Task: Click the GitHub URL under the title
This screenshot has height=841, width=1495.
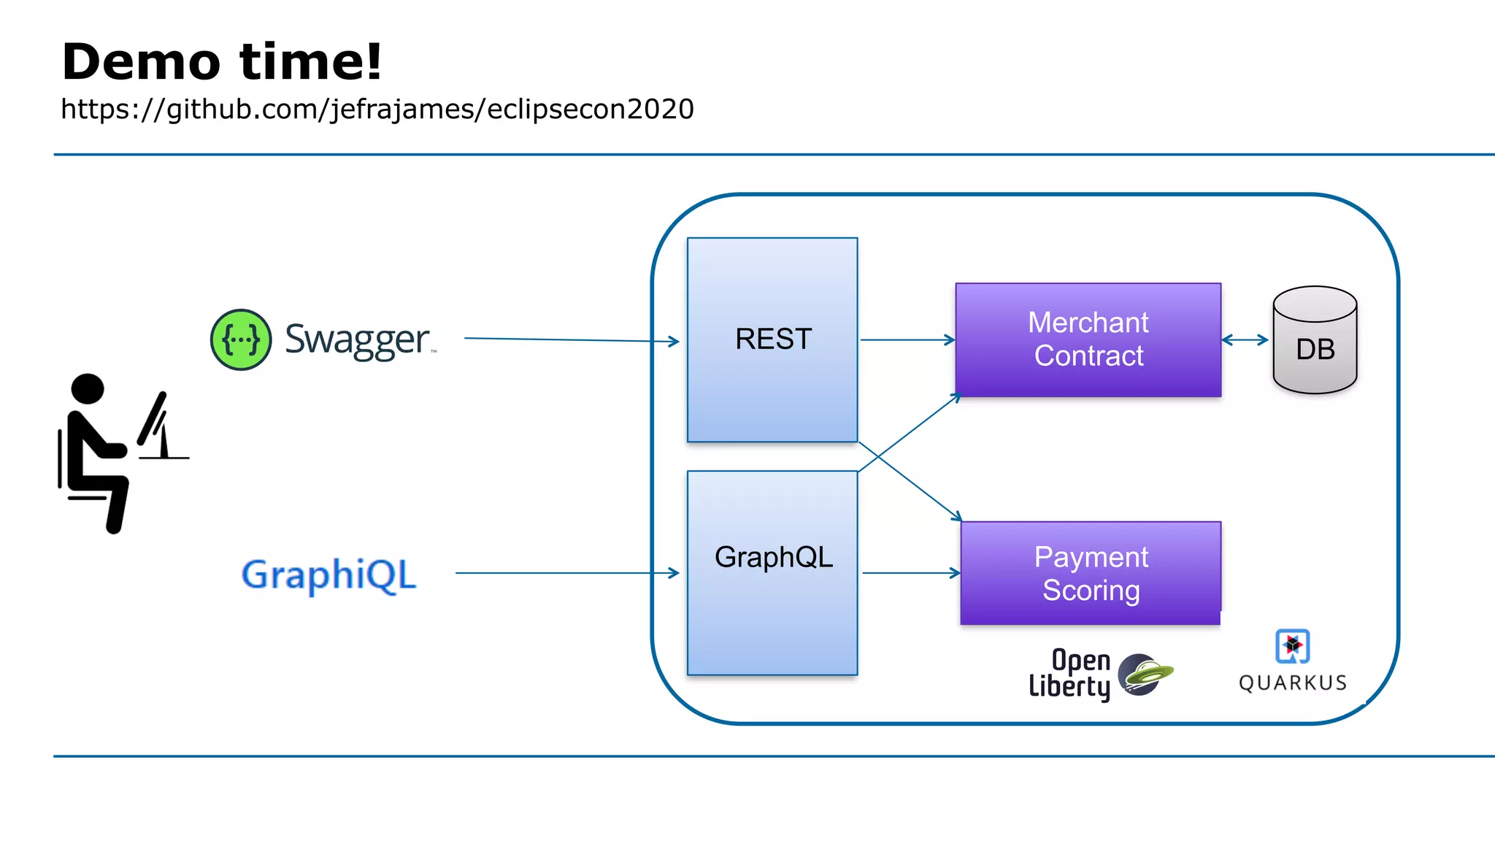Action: coord(377,110)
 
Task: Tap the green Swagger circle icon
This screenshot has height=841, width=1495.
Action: coord(241,339)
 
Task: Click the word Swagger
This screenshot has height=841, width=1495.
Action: coord(357,340)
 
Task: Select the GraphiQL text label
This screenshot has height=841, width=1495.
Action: coord(328,575)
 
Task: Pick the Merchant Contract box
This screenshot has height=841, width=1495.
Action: coord(1088,339)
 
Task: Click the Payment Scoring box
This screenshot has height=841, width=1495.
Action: coord(1091,573)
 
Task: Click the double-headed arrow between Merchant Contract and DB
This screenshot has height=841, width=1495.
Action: coord(1245,339)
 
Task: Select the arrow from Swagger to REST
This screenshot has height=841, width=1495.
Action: coord(569,339)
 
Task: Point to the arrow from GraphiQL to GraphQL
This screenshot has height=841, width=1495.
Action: coord(566,573)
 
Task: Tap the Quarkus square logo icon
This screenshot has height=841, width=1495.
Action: coord(1292,646)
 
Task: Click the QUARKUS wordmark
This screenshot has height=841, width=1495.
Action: coord(1292,683)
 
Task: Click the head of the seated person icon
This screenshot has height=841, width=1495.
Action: coord(88,388)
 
